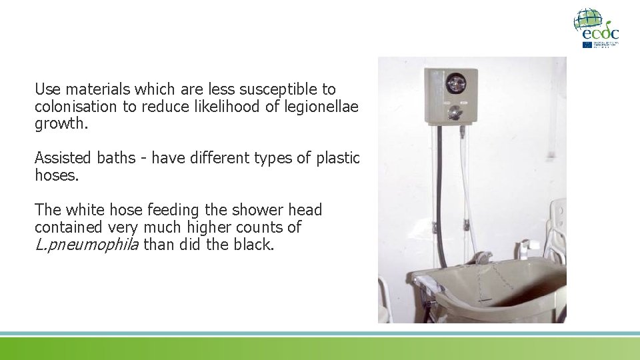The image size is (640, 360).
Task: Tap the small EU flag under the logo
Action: click(587, 45)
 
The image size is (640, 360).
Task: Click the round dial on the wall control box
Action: click(455, 83)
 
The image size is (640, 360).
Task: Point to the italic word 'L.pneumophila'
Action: click(87, 245)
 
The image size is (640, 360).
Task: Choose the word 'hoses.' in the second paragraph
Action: click(55, 175)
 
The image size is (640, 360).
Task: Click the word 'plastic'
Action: click(337, 158)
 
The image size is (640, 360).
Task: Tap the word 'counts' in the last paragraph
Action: click(262, 227)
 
